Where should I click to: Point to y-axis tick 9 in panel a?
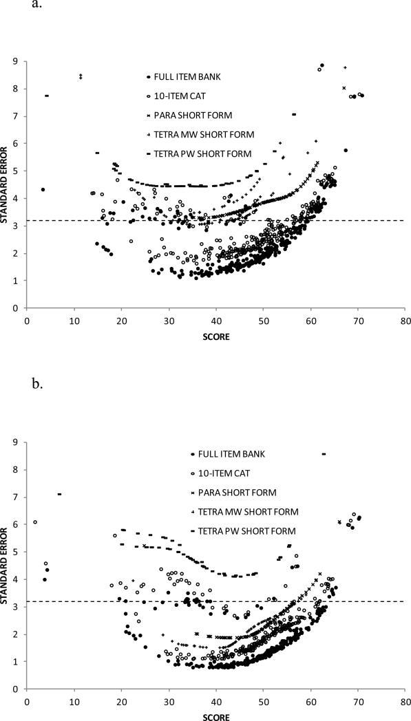pyautogui.click(x=17, y=61)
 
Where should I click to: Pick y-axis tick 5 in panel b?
pyautogui.click(x=17, y=552)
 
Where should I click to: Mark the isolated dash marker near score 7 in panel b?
pyautogui.click(x=60, y=494)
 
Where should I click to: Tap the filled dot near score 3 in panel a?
pyautogui.click(x=43, y=189)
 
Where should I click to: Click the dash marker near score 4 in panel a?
pyautogui.click(x=47, y=96)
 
